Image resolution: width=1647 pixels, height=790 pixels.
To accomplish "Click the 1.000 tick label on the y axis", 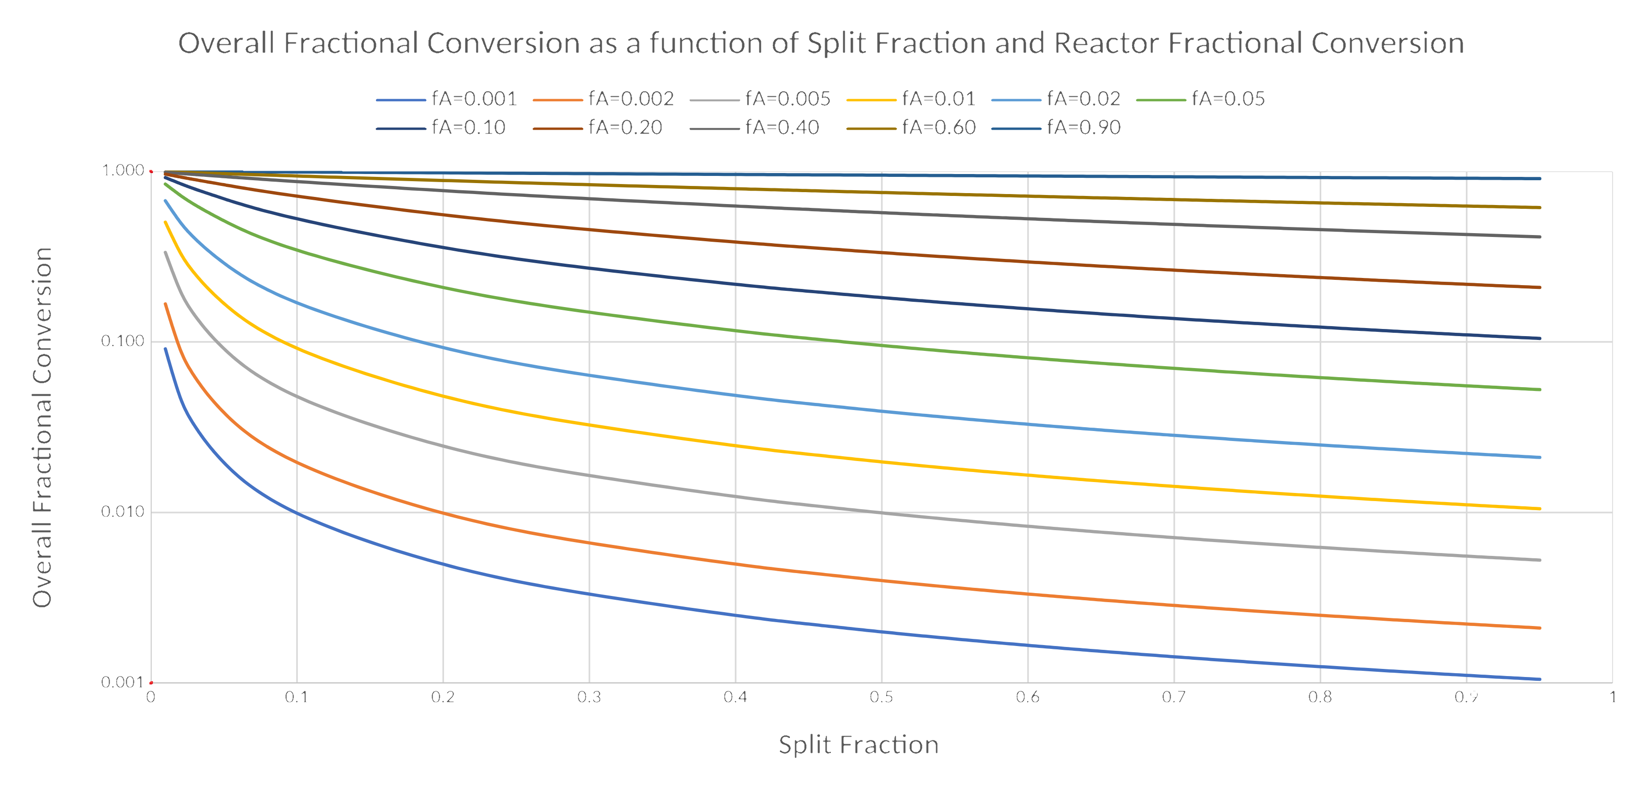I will point(123,170).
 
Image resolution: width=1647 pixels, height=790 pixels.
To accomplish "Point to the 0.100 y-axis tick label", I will point(123,341).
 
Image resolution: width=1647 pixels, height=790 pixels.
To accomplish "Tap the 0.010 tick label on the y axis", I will point(123,512).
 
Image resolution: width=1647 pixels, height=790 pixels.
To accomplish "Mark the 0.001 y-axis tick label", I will point(123,682).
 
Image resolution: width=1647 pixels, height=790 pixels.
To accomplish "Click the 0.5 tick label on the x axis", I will point(881,697).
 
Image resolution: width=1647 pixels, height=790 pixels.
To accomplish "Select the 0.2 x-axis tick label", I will point(443,697).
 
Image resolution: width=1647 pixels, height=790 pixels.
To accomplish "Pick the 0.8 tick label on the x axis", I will point(1320,697).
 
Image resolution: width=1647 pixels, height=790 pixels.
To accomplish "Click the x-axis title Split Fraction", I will point(858,745).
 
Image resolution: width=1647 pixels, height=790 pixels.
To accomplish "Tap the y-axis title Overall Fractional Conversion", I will point(42,427).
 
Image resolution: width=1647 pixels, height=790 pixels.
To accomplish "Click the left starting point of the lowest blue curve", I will point(166,349).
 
